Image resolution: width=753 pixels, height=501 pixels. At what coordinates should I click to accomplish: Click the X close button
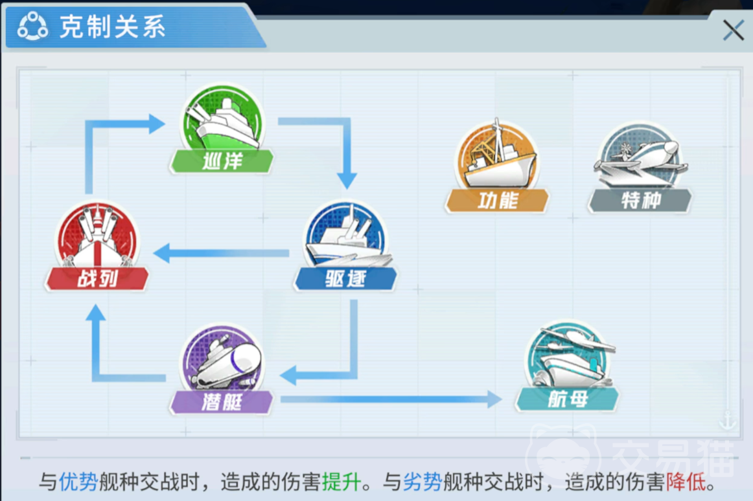pos(734,30)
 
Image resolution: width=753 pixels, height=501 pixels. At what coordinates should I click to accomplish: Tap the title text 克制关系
pos(113,27)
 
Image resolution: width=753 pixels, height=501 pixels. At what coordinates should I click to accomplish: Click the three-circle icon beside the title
pos(32,26)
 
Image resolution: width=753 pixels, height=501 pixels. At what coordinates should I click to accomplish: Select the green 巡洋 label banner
pos(222,161)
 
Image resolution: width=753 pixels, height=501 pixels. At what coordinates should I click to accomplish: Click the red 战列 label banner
pos(97,278)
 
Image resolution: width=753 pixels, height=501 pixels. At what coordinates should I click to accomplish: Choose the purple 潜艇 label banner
pos(222,402)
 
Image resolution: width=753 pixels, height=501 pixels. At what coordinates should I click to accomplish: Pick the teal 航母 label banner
pos(567,399)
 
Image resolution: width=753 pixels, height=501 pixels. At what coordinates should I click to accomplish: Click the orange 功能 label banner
pos(497,201)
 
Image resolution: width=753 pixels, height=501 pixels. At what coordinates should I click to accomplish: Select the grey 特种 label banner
pos(640,201)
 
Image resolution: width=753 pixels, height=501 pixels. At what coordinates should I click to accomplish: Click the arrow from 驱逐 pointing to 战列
pos(222,253)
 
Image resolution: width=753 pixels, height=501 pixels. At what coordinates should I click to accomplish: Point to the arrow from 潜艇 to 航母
pos(391,399)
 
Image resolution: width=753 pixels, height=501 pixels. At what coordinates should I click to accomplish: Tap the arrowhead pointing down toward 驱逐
pos(347,181)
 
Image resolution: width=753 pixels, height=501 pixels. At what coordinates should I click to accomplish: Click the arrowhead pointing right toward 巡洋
pos(157,124)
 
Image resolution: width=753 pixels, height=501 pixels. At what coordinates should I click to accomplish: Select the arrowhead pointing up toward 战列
pos(95,313)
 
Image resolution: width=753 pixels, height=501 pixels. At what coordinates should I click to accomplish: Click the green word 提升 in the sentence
pos(342,482)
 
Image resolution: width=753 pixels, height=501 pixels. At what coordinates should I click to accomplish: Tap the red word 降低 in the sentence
pos(686,482)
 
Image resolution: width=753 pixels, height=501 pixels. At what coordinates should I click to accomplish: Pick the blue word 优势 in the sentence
pos(79,482)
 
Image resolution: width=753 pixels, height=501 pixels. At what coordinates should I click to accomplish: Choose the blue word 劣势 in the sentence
pos(423,482)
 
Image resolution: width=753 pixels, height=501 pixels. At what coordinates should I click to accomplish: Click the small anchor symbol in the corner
pos(727,420)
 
